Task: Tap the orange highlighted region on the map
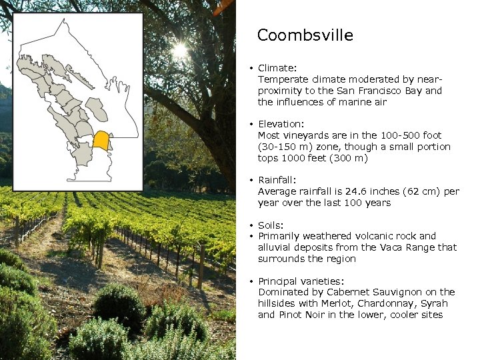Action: (101, 141)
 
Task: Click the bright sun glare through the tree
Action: (179, 51)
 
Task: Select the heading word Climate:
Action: (277, 68)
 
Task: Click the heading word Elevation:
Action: (281, 124)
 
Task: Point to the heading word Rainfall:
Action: (277, 180)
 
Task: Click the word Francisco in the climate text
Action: (381, 91)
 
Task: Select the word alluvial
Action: (275, 247)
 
